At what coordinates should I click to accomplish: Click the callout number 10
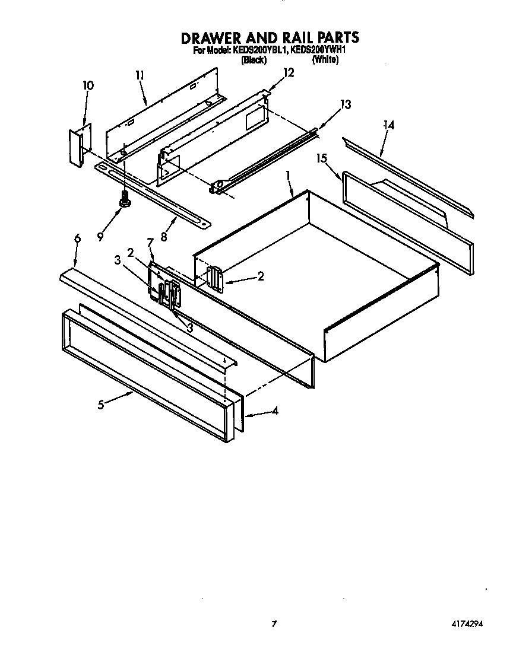pyautogui.click(x=87, y=85)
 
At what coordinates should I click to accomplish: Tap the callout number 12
pyautogui.click(x=289, y=73)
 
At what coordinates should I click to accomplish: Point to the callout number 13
pyautogui.click(x=345, y=105)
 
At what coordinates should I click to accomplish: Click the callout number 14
pyautogui.click(x=388, y=125)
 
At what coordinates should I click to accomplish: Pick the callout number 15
pyautogui.click(x=321, y=159)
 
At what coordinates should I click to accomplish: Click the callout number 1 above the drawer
pyautogui.click(x=287, y=176)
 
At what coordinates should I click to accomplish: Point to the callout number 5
pyautogui.click(x=101, y=405)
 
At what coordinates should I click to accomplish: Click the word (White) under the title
pyautogui.click(x=325, y=60)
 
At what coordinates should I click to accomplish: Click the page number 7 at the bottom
pyautogui.click(x=274, y=623)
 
